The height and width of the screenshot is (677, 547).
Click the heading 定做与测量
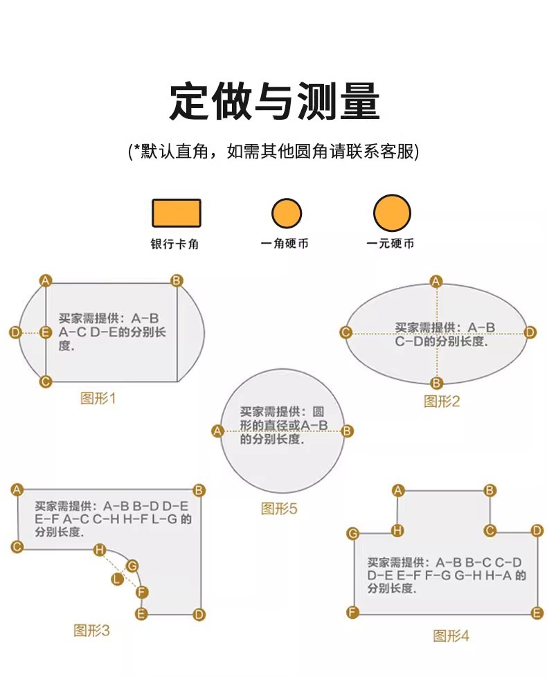274,102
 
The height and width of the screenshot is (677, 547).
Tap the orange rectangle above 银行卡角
177,213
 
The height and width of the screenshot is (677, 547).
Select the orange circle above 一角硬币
287,213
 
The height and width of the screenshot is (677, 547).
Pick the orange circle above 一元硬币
392,213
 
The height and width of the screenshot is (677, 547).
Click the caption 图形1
98,399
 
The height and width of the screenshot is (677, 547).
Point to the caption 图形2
442,401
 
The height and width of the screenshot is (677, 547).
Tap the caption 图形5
279,509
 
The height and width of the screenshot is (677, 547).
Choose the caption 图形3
91,630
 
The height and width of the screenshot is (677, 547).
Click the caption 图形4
451,635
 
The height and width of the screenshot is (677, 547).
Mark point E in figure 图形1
46,333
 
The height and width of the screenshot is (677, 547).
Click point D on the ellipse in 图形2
530,333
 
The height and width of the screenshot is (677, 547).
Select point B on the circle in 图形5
348,431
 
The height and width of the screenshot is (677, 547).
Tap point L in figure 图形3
118,579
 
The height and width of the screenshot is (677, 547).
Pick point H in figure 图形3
100,550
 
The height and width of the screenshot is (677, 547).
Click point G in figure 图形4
353,533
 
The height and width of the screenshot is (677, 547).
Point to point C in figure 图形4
490,531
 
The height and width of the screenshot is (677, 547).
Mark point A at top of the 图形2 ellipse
436,281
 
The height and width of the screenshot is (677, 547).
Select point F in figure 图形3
142,592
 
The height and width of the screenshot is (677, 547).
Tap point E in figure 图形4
537,613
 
